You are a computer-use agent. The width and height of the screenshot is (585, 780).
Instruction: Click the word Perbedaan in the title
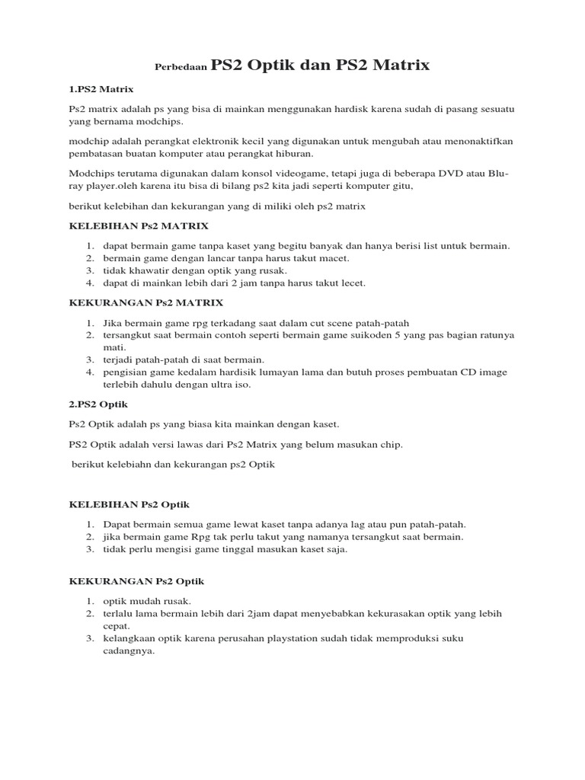pyautogui.click(x=181, y=67)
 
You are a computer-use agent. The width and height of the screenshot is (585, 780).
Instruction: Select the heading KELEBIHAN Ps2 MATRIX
pyautogui.click(x=139, y=226)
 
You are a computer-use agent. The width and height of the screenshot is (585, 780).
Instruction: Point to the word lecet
pyautogui.click(x=352, y=283)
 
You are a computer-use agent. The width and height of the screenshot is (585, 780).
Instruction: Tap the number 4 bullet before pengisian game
pyautogui.click(x=89, y=372)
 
